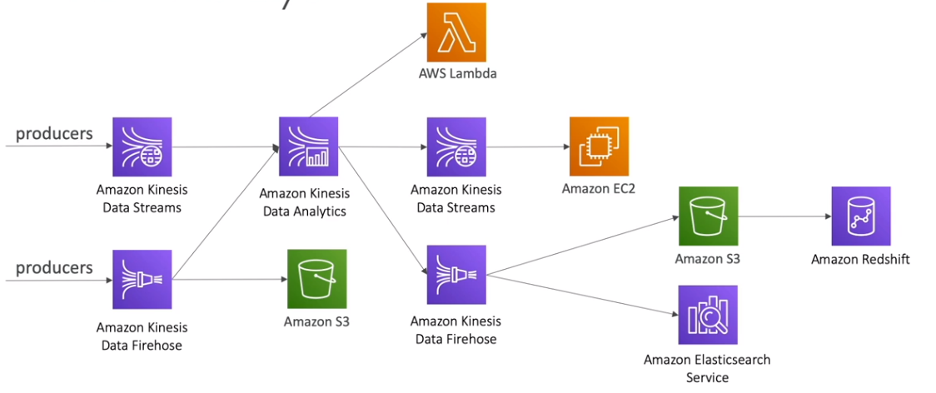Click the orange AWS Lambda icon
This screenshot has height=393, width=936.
point(456,32)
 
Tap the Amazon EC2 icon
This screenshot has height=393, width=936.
point(599,147)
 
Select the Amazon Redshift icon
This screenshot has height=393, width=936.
point(860,216)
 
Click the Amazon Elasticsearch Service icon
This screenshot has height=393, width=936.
point(707,315)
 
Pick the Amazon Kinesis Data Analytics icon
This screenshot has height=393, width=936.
point(308,147)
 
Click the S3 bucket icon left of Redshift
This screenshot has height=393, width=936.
point(708,216)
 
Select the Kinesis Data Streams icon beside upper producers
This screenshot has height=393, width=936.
point(142,147)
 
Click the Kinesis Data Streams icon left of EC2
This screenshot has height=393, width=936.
point(456,147)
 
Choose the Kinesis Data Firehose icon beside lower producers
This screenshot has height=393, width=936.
point(142,279)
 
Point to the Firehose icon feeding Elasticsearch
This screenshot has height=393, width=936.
point(456,275)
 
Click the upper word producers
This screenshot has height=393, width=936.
point(54,133)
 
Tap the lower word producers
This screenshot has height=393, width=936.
point(54,267)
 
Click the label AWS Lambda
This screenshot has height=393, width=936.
point(457,73)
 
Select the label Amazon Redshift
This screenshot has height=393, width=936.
point(860,259)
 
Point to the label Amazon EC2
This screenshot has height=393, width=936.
point(598,188)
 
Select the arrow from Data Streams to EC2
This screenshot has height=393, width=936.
point(527,147)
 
